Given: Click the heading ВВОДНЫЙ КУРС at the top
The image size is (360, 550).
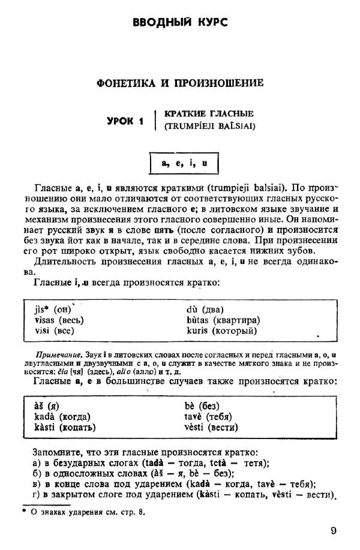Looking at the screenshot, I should coord(179,23).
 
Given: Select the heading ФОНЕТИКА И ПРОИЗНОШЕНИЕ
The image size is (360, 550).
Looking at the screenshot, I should coord(180,83).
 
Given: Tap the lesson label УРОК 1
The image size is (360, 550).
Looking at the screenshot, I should coord(125,121).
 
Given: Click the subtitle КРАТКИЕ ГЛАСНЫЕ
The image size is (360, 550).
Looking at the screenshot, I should coord(209,113).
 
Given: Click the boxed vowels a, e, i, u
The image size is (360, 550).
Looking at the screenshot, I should coord(184,163).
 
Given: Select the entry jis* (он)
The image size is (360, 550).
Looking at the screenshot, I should coord(53,309).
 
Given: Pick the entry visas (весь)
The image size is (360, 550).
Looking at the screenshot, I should coord(59,320).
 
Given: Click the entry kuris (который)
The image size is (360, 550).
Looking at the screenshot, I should coord(221,330).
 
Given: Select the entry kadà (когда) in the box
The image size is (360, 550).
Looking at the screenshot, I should coord(62,417).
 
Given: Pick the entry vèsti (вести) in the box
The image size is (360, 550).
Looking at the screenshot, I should coord(211,428).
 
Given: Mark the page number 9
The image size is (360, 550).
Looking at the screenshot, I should coord(334,531).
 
